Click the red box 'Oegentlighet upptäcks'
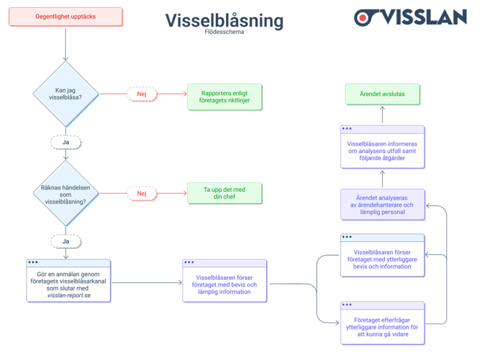pyautogui.click(x=66, y=17)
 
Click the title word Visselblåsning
pyautogui.click(x=224, y=21)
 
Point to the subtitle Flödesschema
pyautogui.click(x=224, y=32)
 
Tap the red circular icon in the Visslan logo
pyautogui.click(x=364, y=17)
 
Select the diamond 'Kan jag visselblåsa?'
pyautogui.click(x=66, y=93)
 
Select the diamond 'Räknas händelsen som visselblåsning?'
pyautogui.click(x=66, y=193)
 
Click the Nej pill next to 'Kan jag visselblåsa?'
pyautogui.click(x=142, y=93)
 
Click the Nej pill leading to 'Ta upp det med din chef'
pyautogui.click(x=142, y=193)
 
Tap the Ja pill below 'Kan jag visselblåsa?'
pyautogui.click(x=66, y=141)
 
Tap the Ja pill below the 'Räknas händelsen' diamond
pyautogui.click(x=66, y=240)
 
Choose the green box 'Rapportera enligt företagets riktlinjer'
pyautogui.click(x=225, y=97)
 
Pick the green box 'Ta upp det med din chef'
pyautogui.click(x=225, y=193)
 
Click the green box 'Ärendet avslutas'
pyautogui.click(x=382, y=95)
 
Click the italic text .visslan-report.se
pyautogui.click(x=69, y=296)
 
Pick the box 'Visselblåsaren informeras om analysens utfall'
pyautogui.click(x=382, y=150)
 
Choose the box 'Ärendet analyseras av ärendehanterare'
pyautogui.click(x=382, y=205)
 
